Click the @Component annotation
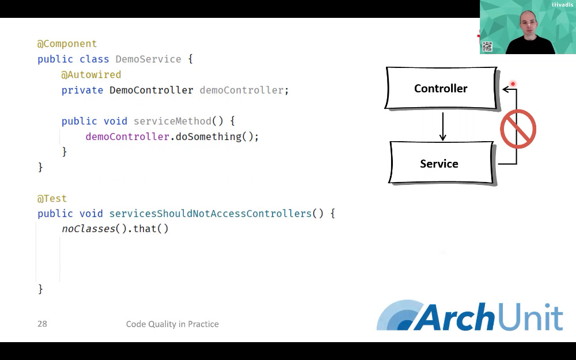pyautogui.click(x=67, y=44)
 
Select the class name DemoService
pyautogui.click(x=149, y=59)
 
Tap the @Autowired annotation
pyautogui.click(x=91, y=74)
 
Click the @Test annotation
pyautogui.click(x=52, y=198)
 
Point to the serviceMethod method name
pyautogui.click(x=172, y=121)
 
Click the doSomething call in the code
pyautogui.click(x=209, y=137)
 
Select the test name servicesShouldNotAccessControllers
pyautogui.click(x=210, y=214)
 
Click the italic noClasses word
pyautogui.click(x=89, y=229)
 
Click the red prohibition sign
pyautogui.click(x=518, y=129)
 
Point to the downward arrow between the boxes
pyautogui.click(x=442, y=126)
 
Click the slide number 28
pyautogui.click(x=42, y=324)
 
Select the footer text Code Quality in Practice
pyautogui.click(x=172, y=324)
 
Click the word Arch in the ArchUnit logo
pyautogui.click(x=456, y=316)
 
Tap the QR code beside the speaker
pyautogui.click(x=487, y=47)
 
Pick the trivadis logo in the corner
pyautogui.click(x=562, y=5)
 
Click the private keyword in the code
pyautogui.click(x=82, y=90)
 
